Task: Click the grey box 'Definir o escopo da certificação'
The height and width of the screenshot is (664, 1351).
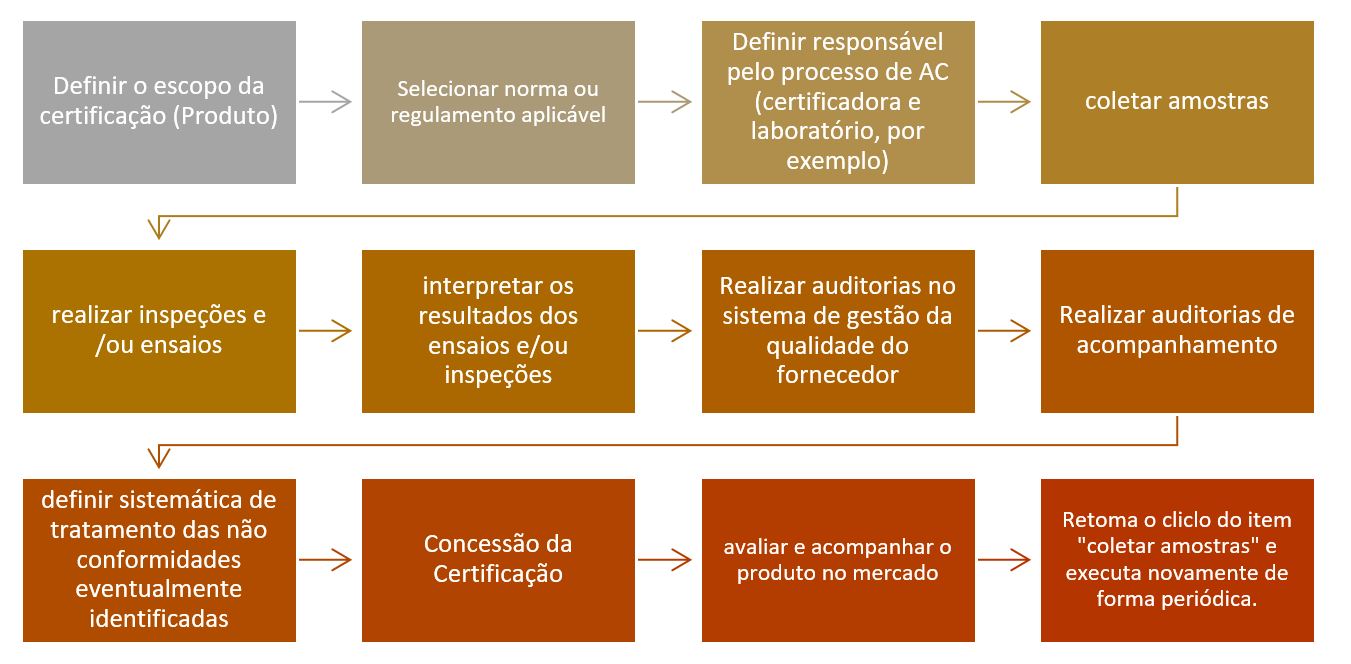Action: [x=159, y=103]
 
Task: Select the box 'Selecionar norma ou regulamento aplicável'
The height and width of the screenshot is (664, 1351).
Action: [x=498, y=103]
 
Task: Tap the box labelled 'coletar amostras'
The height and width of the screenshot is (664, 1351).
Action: [x=1177, y=103]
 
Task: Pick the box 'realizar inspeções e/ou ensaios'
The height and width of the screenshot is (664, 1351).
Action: [x=159, y=331]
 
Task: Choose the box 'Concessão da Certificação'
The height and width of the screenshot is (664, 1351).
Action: [x=498, y=560]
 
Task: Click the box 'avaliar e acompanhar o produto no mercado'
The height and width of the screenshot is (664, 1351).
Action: [x=838, y=560]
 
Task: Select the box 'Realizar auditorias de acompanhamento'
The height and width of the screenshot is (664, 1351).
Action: [x=1177, y=331]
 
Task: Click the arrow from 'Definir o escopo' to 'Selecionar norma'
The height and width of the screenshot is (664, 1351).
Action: [x=325, y=102]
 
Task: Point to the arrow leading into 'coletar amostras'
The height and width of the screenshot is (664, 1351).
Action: [x=1004, y=102]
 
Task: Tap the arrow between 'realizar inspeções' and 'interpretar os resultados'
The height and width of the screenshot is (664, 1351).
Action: [x=325, y=330]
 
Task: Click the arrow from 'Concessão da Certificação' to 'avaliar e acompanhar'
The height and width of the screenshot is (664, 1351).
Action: [x=665, y=560]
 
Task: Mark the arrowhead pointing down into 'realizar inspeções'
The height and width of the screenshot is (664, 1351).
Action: [x=159, y=229]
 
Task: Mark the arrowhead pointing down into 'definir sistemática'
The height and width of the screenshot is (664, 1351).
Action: [x=159, y=458]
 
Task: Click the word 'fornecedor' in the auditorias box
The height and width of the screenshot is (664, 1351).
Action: [x=838, y=375]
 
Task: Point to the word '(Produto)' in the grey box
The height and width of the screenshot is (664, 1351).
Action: [x=226, y=116]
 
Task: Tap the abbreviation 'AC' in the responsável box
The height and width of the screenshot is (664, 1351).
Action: [x=934, y=72]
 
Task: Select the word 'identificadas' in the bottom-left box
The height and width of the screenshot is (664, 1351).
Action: [x=159, y=619]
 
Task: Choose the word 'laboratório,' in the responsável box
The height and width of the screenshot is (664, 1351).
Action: [x=816, y=131]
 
